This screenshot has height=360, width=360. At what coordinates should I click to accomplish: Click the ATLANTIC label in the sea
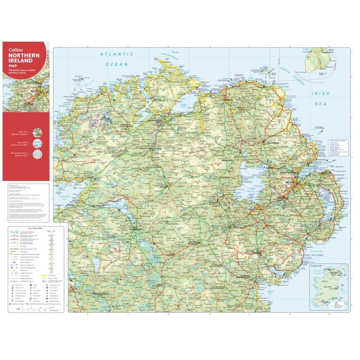coord(116,54)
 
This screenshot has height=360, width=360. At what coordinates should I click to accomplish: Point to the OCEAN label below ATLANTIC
coord(116,64)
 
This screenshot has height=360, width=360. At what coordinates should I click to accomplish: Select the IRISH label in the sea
coord(322,94)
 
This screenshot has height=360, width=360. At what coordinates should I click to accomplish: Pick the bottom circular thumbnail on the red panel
coord(38,155)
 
